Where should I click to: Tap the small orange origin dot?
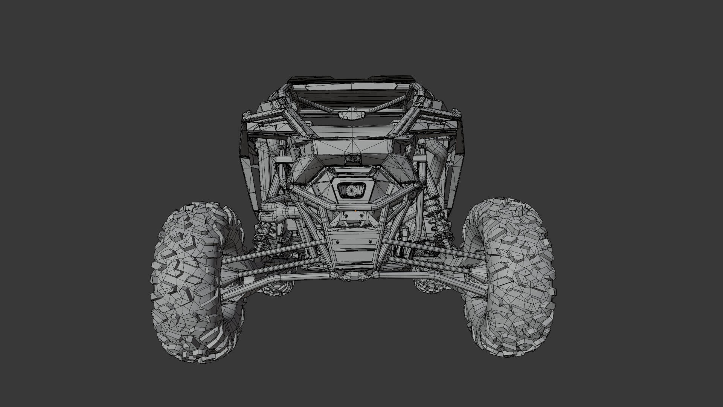pyautogui.click(x=355, y=211)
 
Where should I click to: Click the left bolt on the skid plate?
pyautogui.click(x=338, y=242)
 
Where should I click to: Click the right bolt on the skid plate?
pyautogui.click(x=370, y=242)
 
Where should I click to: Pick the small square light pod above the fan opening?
pyautogui.click(x=351, y=159)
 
